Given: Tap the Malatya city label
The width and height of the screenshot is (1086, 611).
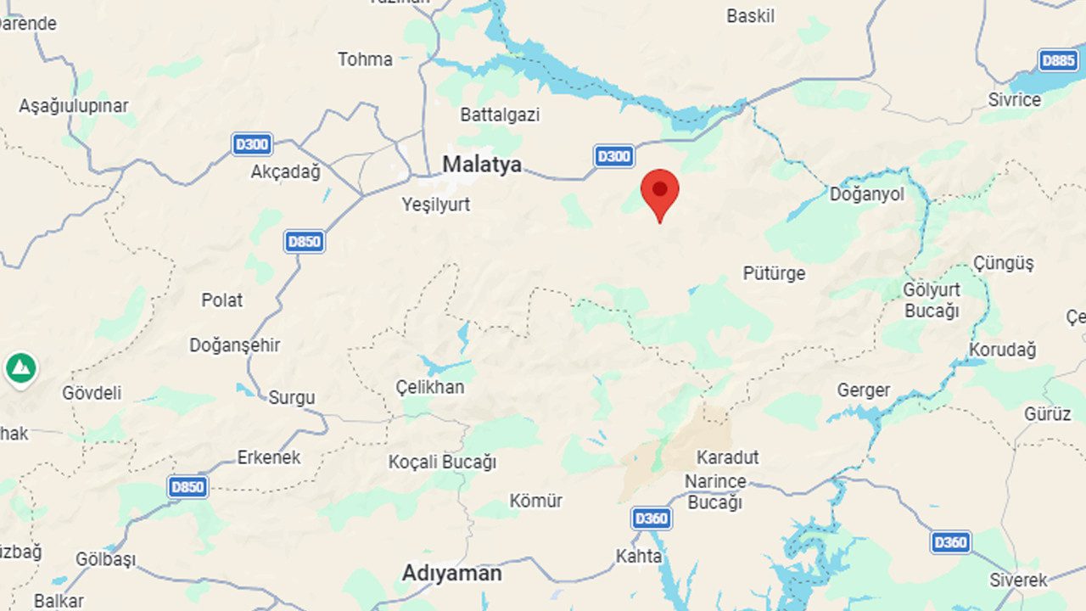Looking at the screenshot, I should coord(482,164).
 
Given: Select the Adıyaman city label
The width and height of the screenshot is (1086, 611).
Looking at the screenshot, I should coord(451,574).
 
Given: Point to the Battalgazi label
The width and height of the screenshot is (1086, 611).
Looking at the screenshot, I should coord(500,115).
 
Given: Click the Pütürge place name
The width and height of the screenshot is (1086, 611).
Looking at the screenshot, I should coord(774,273).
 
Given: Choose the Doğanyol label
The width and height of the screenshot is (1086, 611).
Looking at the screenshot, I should coord(866,194).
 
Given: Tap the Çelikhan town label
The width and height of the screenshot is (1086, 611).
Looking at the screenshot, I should coord(430,387).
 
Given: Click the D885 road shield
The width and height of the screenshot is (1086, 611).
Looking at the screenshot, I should coord(1059,60).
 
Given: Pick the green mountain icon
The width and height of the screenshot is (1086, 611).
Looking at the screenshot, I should coord(20,368).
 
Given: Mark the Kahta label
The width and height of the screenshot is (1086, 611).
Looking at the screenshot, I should coord(638,557).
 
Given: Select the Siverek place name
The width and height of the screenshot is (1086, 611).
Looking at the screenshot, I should coord(1018,580).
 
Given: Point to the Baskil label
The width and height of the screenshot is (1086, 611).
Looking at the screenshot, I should coord(750,16).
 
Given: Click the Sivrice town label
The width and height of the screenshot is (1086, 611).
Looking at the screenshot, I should coord(1014,99).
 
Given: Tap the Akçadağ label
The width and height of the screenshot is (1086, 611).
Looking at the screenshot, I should coord(286,171).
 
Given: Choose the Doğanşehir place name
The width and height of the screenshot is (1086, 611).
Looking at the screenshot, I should coord(234,345).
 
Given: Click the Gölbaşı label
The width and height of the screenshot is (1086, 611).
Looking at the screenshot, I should coord(105,560).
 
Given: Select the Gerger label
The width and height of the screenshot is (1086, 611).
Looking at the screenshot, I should coord(863,390).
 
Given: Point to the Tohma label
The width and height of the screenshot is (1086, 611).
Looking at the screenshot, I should coord(365,59).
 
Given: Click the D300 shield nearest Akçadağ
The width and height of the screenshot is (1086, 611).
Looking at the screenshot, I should coord(252,143).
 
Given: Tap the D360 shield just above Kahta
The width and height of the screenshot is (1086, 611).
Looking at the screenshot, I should coord(651,518).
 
